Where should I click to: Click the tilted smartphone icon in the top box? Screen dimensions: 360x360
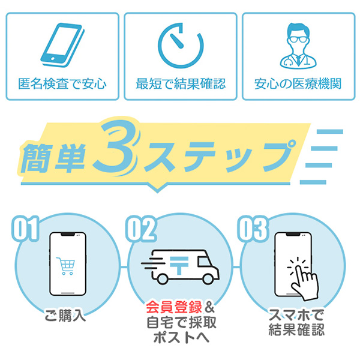click(x=62, y=45)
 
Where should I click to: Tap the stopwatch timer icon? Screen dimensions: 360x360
click(x=181, y=45)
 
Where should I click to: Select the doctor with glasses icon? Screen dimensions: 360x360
click(x=298, y=46)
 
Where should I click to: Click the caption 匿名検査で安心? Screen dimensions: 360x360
click(x=62, y=83)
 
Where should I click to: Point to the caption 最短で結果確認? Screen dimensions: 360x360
click(x=181, y=83)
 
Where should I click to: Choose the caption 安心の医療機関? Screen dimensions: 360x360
click(x=298, y=83)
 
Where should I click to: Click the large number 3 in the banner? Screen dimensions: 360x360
click(x=116, y=147)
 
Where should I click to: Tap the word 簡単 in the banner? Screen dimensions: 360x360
click(x=53, y=158)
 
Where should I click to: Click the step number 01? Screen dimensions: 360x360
click(x=25, y=228)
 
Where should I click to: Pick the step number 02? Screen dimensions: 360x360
click(x=142, y=229)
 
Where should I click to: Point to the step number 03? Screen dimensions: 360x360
click(x=253, y=229)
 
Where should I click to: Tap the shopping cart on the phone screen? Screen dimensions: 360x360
click(x=65, y=266)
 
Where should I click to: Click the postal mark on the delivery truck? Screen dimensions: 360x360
click(x=179, y=265)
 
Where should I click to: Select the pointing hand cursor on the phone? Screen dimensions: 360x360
click(x=304, y=280)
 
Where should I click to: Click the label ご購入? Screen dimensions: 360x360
click(x=65, y=315)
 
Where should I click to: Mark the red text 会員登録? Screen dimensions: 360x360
click(x=174, y=307)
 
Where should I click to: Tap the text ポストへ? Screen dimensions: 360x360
click(x=181, y=337)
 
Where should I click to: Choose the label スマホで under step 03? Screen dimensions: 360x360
click(x=296, y=315)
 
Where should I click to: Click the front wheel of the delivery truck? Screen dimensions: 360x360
click(x=208, y=279)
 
